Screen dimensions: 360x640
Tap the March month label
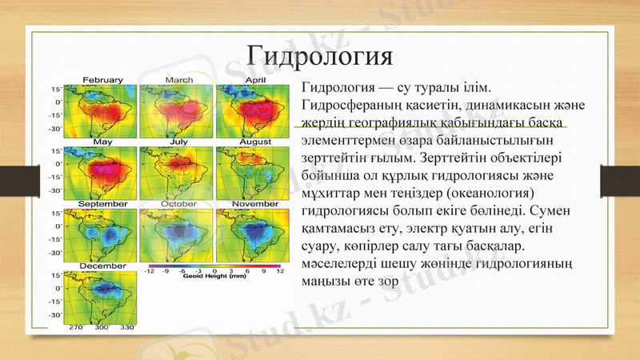pos(178,80)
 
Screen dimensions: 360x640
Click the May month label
pos(102,142)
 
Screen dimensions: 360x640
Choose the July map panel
pos(178,170)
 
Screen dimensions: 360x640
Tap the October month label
pos(178,204)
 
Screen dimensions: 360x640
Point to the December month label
pos(101,265)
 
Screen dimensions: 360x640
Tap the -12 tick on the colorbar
pos(150,271)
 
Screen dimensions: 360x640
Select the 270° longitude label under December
pos(77,327)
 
